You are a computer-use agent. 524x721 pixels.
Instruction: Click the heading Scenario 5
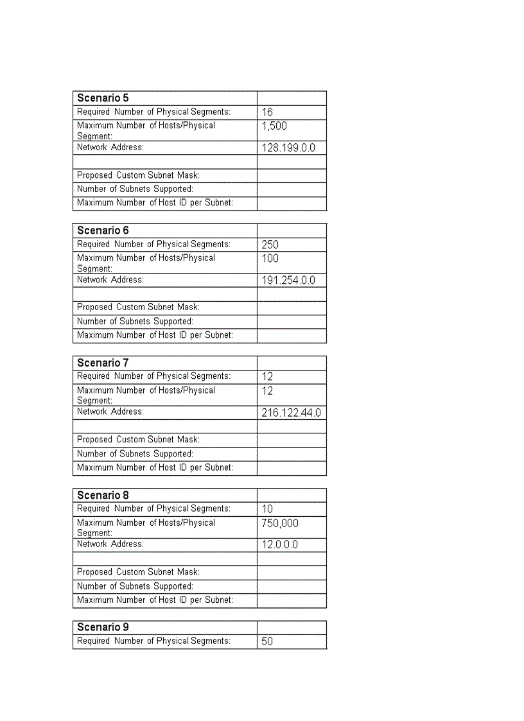pyautogui.click(x=103, y=98)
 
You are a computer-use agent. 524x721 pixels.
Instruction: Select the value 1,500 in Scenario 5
pyautogui.click(x=274, y=126)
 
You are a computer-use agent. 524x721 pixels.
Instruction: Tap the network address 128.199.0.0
pyautogui.click(x=288, y=148)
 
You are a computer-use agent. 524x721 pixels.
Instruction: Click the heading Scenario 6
pyautogui.click(x=103, y=230)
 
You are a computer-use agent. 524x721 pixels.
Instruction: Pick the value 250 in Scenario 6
pyautogui.click(x=270, y=245)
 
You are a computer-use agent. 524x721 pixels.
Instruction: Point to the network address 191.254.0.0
pyautogui.click(x=288, y=281)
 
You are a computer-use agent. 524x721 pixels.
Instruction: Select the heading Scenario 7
pyautogui.click(x=103, y=363)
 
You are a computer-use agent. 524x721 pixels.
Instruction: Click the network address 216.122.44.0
pyautogui.click(x=291, y=413)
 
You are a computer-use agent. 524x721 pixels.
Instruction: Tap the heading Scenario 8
pyautogui.click(x=103, y=495)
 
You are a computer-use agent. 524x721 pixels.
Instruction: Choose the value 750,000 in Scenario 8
pyautogui.click(x=280, y=523)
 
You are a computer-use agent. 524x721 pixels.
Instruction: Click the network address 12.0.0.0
pyautogui.click(x=279, y=545)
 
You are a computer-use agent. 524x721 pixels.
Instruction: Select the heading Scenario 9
pyautogui.click(x=103, y=627)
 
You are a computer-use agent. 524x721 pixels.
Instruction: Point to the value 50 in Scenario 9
pyautogui.click(x=267, y=641)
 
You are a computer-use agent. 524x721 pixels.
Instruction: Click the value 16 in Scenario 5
pyautogui.click(x=267, y=112)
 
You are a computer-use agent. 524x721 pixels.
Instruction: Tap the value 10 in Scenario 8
pyautogui.click(x=267, y=509)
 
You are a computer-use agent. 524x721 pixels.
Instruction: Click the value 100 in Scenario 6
pyautogui.click(x=270, y=259)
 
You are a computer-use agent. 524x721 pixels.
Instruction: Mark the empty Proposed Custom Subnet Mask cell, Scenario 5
pyautogui.click(x=292, y=175)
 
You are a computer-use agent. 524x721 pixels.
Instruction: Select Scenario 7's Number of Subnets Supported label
pyautogui.click(x=135, y=454)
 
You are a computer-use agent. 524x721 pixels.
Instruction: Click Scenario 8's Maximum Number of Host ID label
pyautogui.click(x=155, y=600)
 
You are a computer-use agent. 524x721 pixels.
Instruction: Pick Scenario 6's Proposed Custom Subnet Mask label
pyautogui.click(x=138, y=308)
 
